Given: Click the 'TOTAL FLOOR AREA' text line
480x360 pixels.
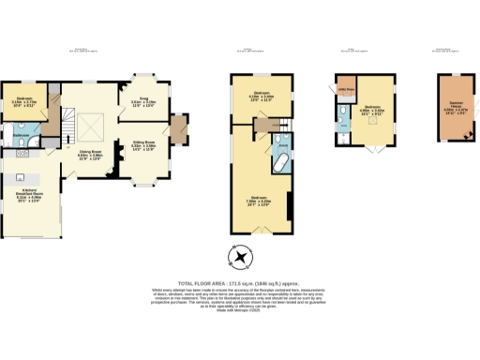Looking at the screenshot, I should click(x=239, y=282).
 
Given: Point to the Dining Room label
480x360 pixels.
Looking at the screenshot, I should click(x=90, y=153).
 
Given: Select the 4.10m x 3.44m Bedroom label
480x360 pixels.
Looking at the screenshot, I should click(x=262, y=95).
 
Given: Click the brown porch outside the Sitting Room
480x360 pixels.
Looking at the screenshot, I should click(x=177, y=127).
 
